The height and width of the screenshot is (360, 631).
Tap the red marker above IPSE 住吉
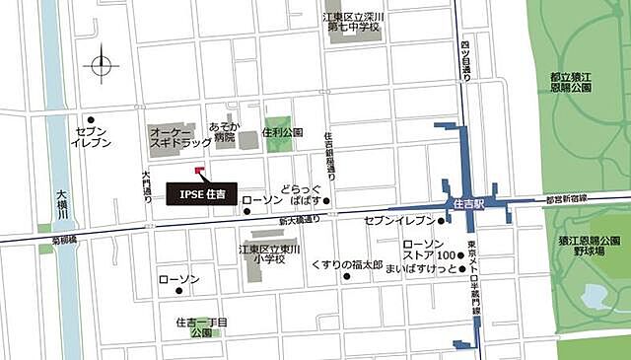(200, 172)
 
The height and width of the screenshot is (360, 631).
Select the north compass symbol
(103, 67)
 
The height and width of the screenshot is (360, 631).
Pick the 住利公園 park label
(284, 132)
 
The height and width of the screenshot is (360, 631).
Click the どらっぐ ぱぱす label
(302, 192)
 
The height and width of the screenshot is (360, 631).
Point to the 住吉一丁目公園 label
(201, 327)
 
